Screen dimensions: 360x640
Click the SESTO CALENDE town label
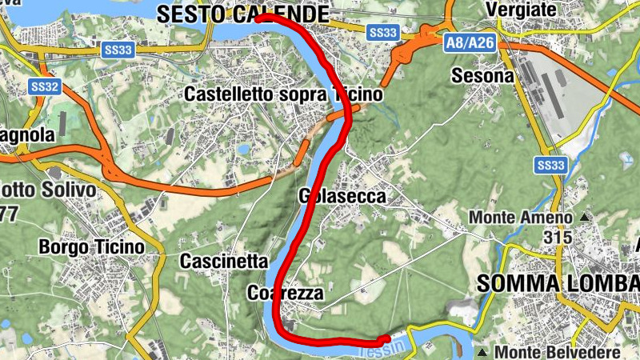[242, 14]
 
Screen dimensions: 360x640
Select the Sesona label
[482, 75]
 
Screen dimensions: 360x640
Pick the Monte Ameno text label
[521, 217]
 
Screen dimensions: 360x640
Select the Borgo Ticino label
[92, 247]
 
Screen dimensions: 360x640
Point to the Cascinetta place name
[223, 261]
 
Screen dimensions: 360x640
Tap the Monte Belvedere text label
[558, 352]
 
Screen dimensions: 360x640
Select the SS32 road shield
[46, 86]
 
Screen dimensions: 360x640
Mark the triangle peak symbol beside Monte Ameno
[585, 217]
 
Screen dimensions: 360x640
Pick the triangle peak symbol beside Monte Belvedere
[483, 352]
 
